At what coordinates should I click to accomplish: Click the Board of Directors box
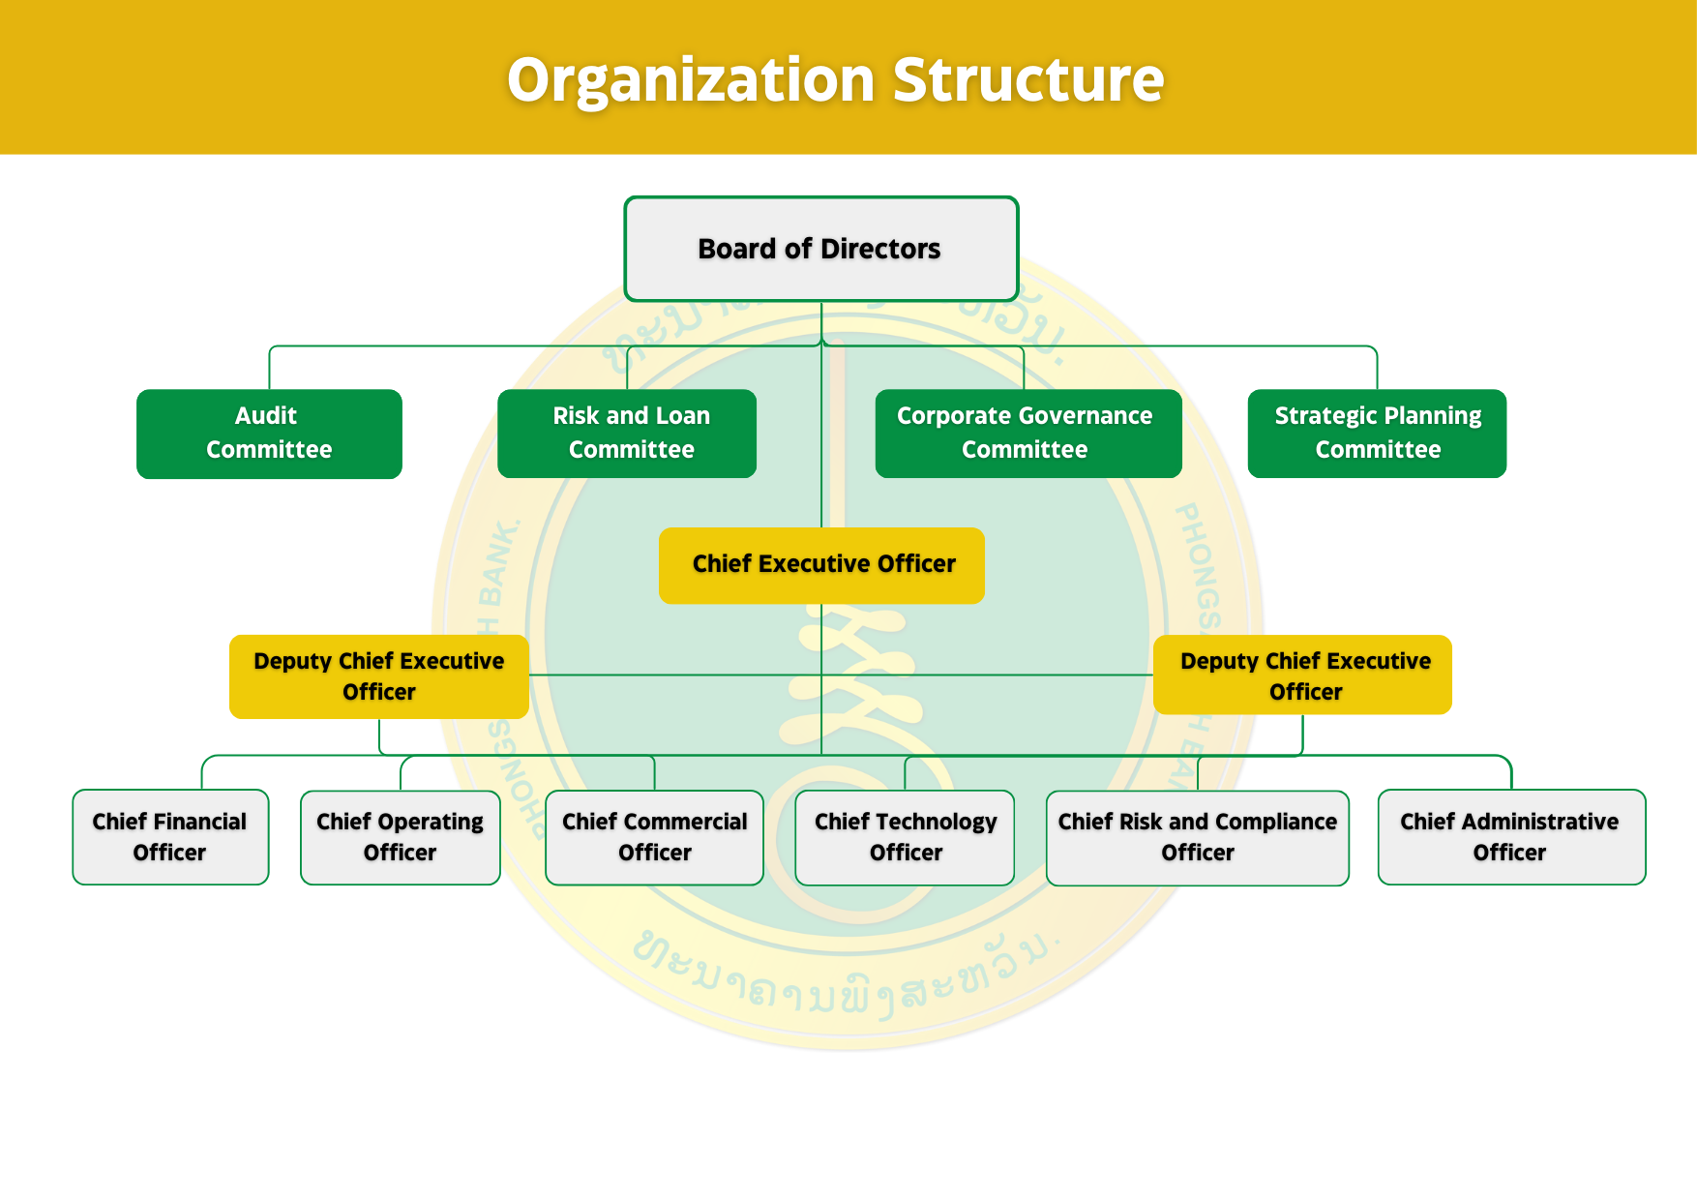coord(820,249)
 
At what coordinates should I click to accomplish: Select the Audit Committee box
coord(269,433)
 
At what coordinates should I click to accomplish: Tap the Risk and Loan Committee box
coord(627,433)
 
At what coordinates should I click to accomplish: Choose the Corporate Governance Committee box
coord(1027,433)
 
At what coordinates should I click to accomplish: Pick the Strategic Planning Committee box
coord(1377,433)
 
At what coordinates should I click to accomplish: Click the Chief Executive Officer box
coord(821,565)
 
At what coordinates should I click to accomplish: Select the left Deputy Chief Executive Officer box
coord(378,676)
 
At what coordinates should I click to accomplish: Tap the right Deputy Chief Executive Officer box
coord(1302,675)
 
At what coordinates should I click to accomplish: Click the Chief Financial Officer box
coord(170,837)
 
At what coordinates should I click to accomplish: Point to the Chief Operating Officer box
coord(400,837)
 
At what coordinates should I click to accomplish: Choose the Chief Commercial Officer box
coord(654,837)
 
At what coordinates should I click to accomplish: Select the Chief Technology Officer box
coord(905,837)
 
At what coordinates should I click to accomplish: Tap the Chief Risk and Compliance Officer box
coord(1197,837)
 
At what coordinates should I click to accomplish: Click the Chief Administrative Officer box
coord(1511,837)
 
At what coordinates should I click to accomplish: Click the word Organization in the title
coord(691,80)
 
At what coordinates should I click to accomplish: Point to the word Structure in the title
coord(1028,80)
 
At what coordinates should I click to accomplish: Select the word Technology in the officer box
coord(936,822)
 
